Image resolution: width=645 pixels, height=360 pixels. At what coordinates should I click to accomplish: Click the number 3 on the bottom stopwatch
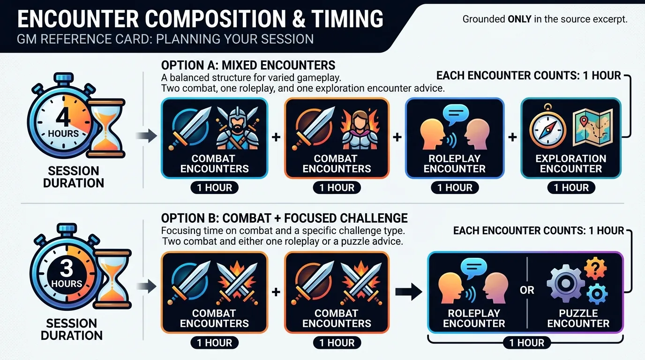pos(67,269)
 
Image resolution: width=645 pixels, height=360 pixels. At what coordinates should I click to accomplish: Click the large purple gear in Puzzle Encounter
pos(565,284)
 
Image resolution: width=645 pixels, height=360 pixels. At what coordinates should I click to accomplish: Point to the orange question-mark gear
pos(596,269)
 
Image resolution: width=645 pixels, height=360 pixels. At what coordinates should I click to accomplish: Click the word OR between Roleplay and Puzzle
pos(527,290)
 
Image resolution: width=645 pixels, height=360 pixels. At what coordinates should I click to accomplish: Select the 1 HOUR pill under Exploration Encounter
pos(571,188)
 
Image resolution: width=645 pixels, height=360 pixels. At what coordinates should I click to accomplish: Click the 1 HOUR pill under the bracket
pos(527,343)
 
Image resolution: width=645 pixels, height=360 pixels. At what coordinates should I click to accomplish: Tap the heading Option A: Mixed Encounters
pos(248,65)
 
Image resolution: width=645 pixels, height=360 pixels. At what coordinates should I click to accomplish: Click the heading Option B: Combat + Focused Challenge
pos(284,218)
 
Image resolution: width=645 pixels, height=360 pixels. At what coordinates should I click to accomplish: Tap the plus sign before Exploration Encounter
pos(512,137)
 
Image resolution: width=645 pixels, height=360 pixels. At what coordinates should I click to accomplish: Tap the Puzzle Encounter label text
pos(578,318)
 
